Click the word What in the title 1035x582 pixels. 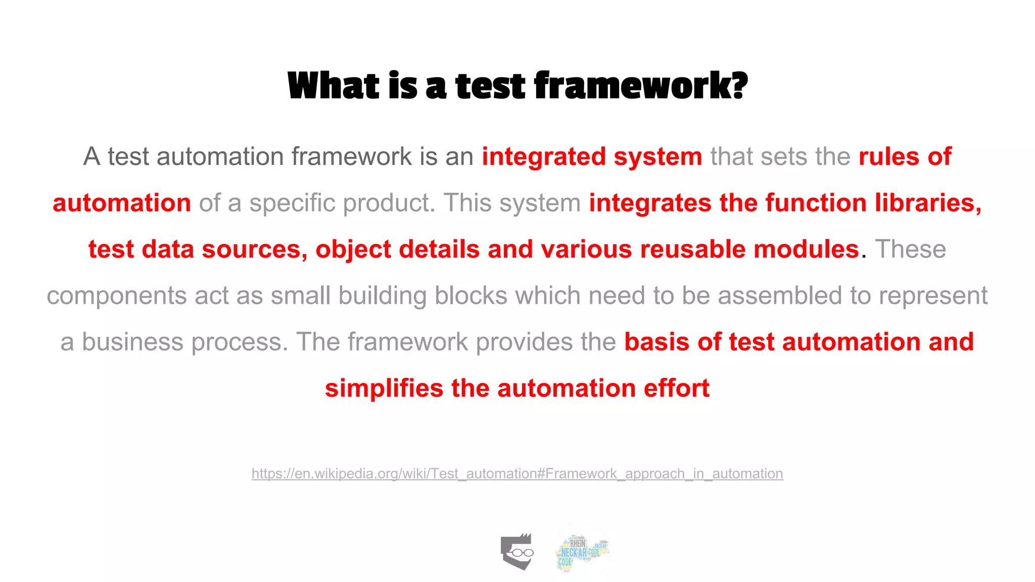point(333,86)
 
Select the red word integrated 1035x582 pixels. point(543,157)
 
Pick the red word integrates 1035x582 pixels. point(650,203)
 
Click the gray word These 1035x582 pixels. point(910,250)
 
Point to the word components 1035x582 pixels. point(117,296)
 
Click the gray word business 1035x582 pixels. point(132,343)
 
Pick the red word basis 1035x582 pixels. point(656,343)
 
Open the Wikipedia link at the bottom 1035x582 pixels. point(517,474)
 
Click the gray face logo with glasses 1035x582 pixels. point(517,552)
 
